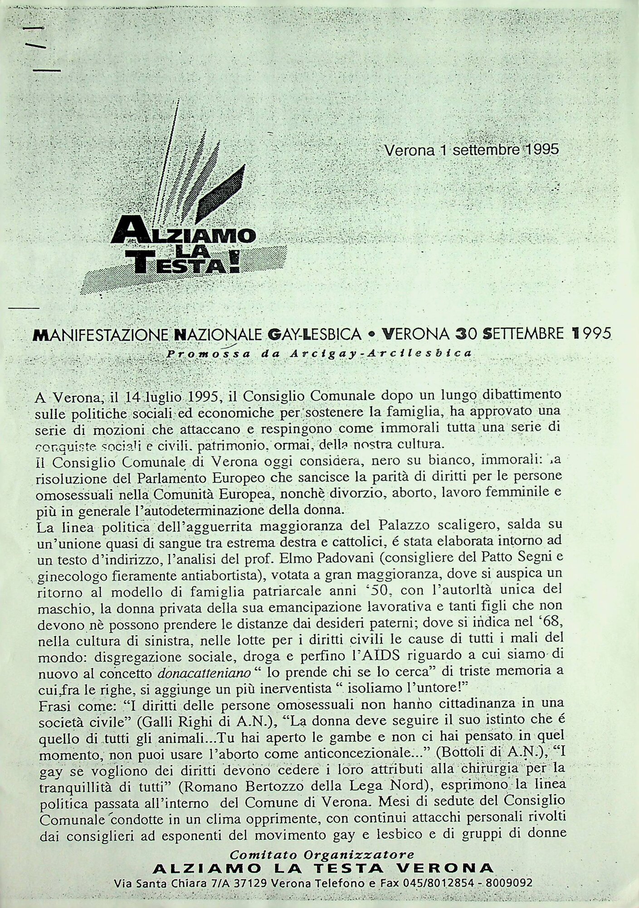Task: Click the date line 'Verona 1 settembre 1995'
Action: (x=471, y=150)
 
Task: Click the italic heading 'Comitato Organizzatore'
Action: (x=322, y=855)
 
